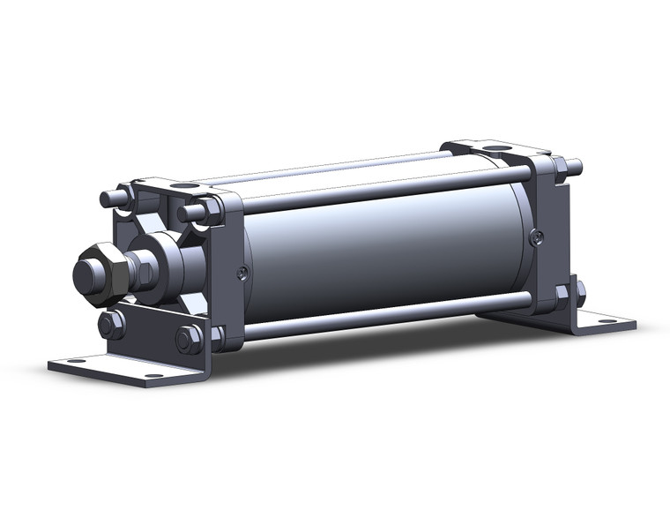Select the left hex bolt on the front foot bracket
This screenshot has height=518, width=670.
pyautogui.click(x=111, y=324)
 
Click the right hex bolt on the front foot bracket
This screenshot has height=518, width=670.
pyautogui.click(x=188, y=339)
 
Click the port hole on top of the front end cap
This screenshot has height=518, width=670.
pyautogui.click(x=186, y=186)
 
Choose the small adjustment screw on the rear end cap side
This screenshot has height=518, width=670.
pyautogui.click(x=535, y=236)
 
